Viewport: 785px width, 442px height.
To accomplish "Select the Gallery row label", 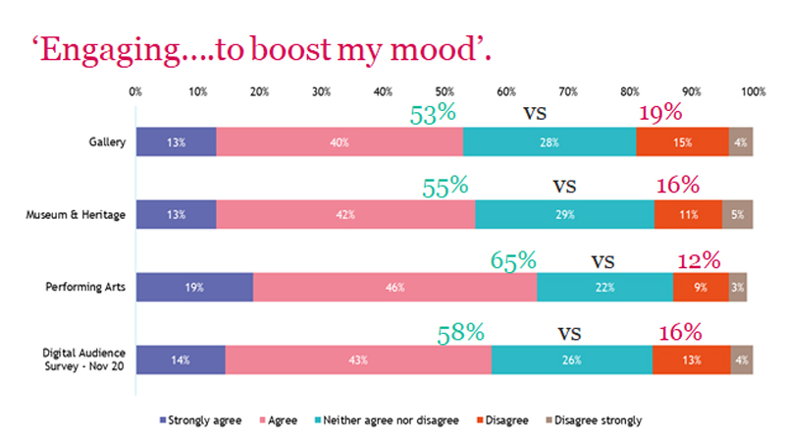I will pos(106,141).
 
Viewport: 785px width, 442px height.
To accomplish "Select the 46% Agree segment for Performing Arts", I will pos(394,287).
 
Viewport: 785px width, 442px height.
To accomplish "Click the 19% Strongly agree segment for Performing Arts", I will pos(193,287).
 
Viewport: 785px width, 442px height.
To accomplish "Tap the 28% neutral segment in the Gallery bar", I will pos(549,141).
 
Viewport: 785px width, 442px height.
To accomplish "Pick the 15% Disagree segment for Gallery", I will pos(682,141).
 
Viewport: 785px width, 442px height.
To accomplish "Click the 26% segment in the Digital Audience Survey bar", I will pos(571,359).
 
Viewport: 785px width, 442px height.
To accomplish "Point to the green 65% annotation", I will pos(513,260).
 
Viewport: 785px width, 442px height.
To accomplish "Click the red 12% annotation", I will pos(698,260).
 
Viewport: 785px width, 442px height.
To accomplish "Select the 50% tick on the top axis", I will pos(445,91).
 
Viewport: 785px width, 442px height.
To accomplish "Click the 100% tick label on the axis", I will pos(752,91).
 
